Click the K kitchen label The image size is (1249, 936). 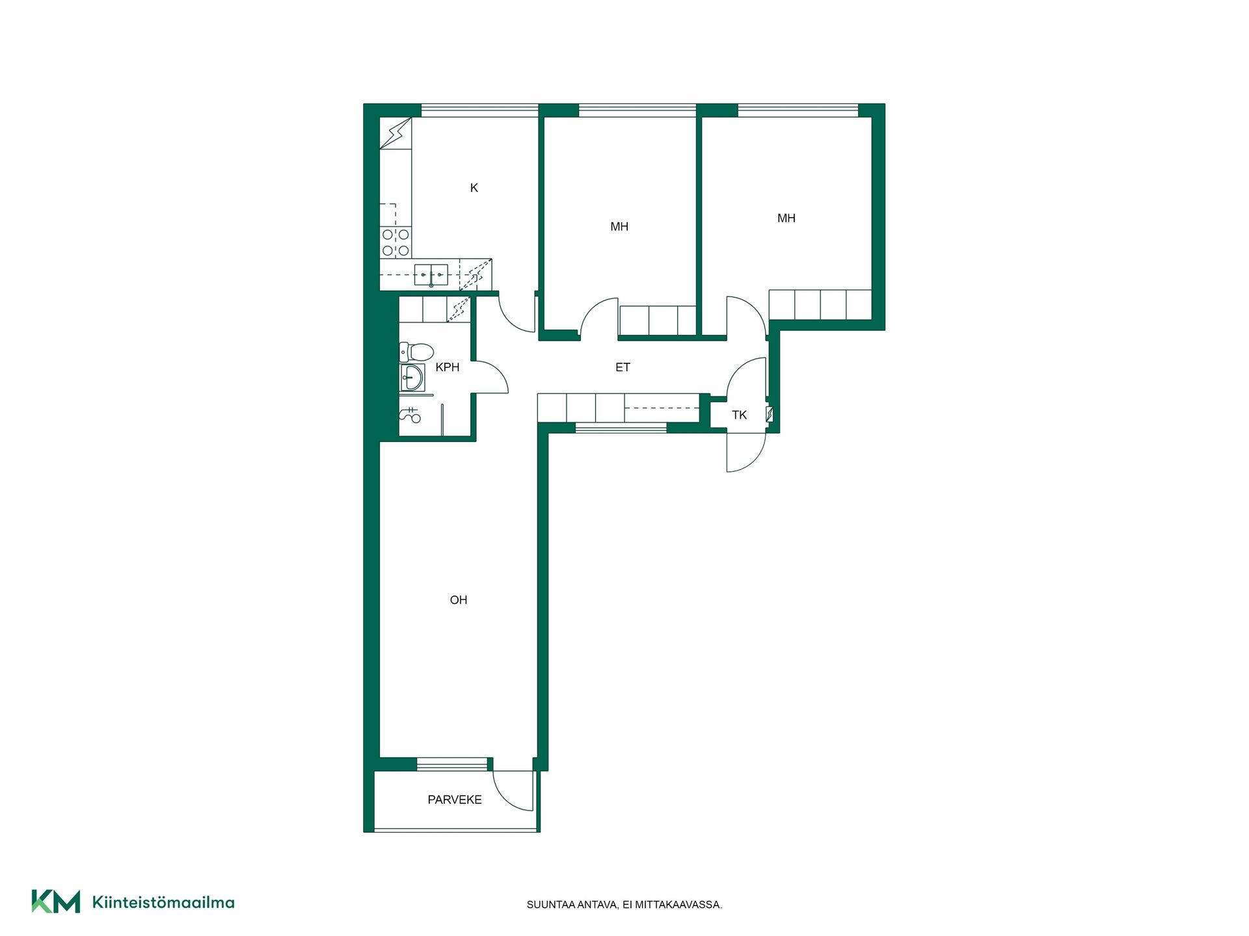click(474, 188)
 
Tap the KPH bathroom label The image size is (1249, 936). click(448, 367)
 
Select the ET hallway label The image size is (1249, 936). click(623, 367)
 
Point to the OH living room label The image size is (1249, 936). click(459, 600)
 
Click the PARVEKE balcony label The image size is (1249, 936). click(455, 799)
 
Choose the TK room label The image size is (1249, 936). click(739, 415)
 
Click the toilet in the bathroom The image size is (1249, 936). click(417, 352)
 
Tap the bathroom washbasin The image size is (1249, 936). click(412, 377)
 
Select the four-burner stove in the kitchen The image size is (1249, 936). click(396, 242)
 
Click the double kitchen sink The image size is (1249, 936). click(431, 275)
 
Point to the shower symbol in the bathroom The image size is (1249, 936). click(410, 415)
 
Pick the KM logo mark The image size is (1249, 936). click(56, 902)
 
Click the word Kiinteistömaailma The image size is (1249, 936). click(163, 902)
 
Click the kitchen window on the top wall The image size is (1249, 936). click(479, 110)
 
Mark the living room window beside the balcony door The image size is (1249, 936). click(452, 764)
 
